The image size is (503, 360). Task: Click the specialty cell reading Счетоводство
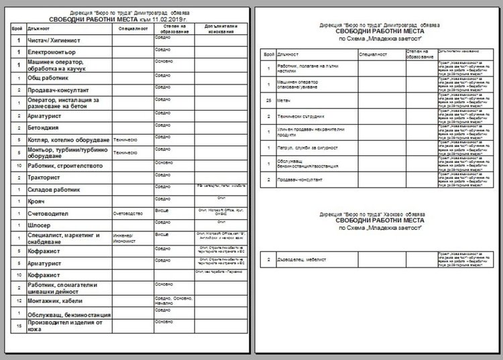(129, 213)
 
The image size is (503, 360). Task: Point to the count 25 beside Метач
(268, 100)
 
